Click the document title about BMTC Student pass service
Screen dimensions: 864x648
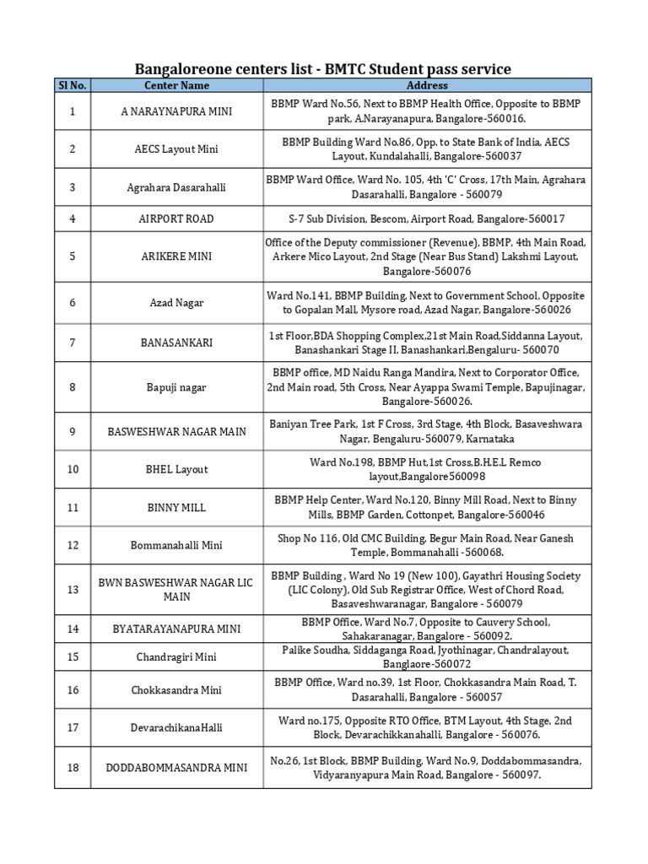click(323, 68)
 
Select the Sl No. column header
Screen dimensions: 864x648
click(73, 85)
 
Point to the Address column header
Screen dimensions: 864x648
click(427, 85)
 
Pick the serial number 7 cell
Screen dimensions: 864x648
click(73, 343)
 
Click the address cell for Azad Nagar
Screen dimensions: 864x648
click(427, 303)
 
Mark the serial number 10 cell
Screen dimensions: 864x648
click(73, 469)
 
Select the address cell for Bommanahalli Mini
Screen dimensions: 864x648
click(427, 545)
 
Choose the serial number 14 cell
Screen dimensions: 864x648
click(73, 629)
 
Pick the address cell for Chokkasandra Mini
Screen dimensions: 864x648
click(427, 690)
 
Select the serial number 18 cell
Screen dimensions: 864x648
click(73, 767)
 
